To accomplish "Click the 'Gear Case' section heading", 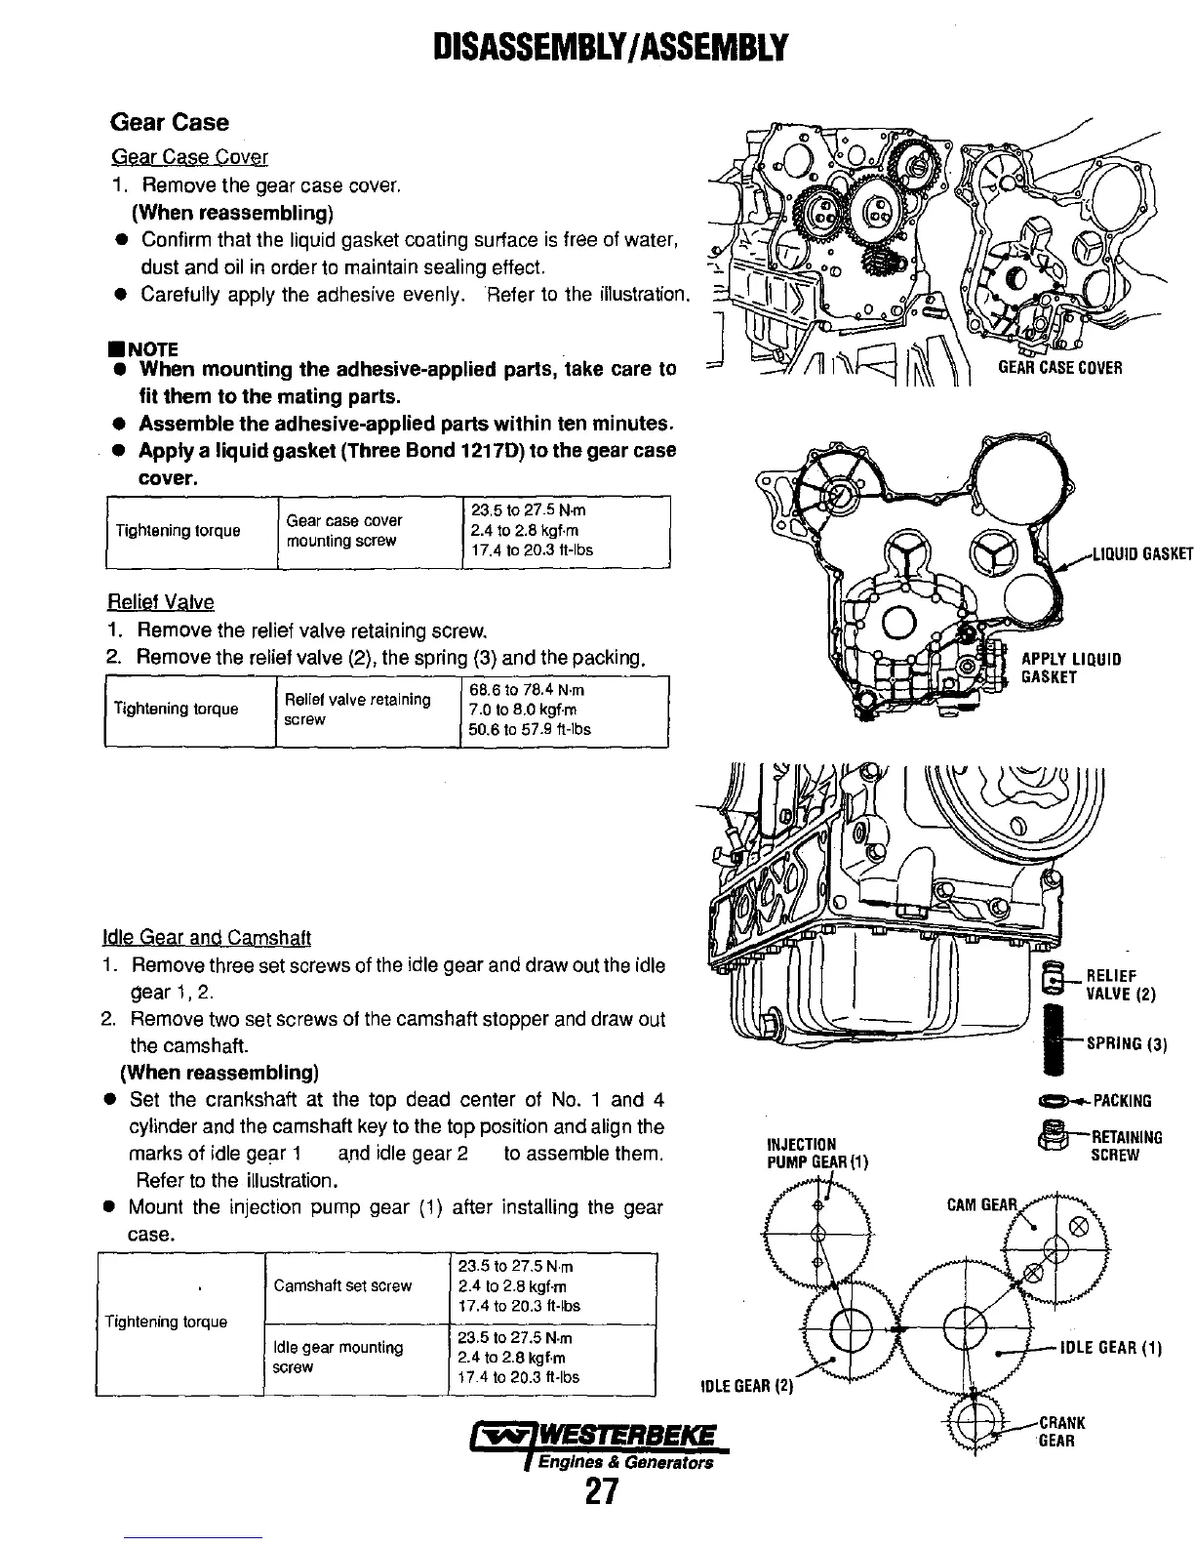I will coord(170,122).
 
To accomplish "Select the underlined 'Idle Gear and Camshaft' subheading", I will coord(207,938).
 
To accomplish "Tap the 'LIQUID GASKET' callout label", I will coord(1135,554).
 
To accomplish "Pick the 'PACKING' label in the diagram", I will coord(1122,1101).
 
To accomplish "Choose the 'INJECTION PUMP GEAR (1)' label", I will coord(816,1153).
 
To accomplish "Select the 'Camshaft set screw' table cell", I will coord(342,1285).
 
